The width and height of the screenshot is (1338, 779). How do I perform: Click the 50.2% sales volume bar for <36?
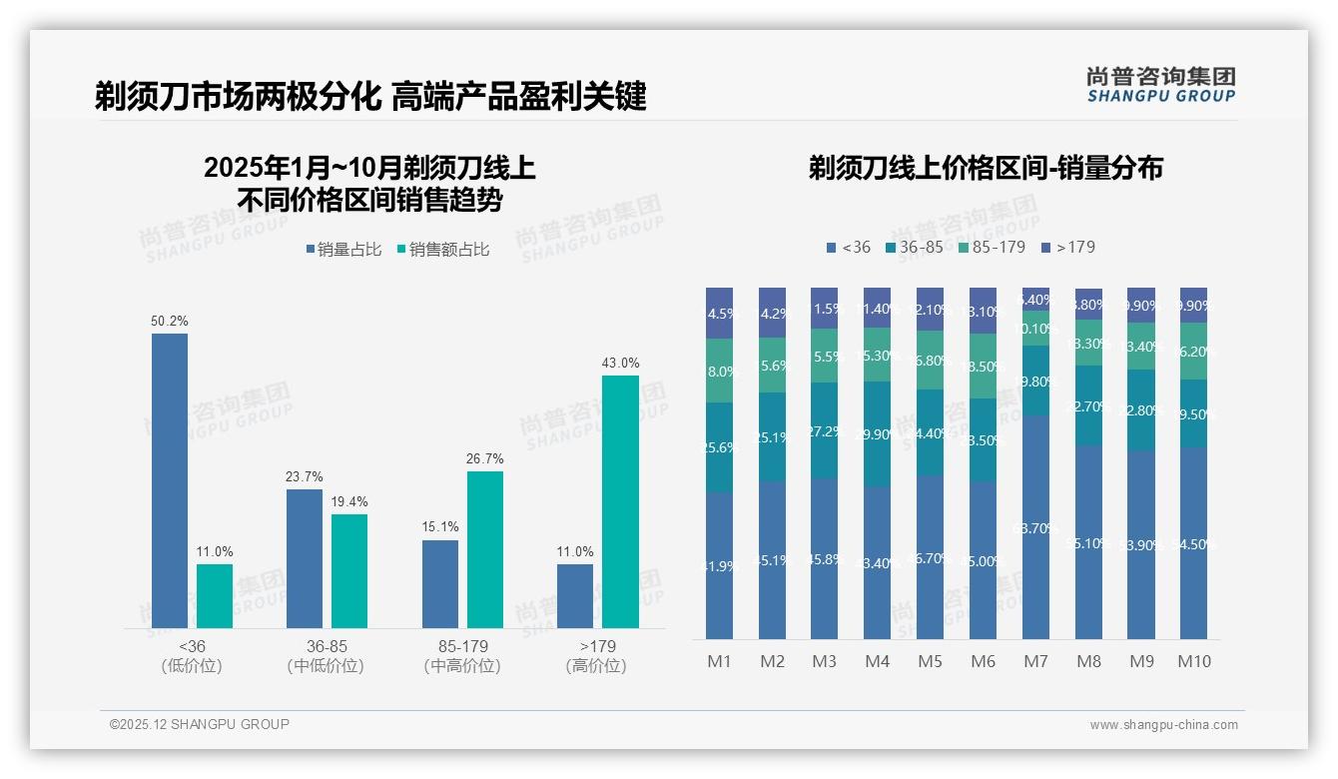pos(170,480)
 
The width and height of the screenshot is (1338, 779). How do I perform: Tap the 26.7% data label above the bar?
pos(484,458)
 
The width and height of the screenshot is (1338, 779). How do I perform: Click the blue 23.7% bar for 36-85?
pos(305,558)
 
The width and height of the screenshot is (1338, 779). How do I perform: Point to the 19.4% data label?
pos(349,501)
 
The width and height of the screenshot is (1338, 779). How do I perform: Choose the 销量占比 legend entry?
pos(343,250)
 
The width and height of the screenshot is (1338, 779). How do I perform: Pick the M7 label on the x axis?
pos(1035,661)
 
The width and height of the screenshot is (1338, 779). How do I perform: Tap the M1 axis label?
pos(720,661)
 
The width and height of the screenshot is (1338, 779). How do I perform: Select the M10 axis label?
pos(1193,661)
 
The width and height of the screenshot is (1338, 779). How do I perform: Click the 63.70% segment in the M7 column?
pos(1035,527)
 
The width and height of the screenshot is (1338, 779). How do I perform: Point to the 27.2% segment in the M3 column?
pos(824,430)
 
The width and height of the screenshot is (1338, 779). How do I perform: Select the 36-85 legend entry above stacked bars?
pos(914,247)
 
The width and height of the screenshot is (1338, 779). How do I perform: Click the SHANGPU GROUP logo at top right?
pos(1160,84)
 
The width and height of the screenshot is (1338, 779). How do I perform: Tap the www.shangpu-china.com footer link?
pos(1163,725)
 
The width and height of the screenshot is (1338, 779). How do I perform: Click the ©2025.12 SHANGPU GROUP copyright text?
pos(200,724)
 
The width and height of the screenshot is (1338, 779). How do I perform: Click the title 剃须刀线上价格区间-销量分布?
pos(986,168)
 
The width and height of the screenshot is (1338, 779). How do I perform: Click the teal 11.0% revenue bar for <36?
pos(215,596)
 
